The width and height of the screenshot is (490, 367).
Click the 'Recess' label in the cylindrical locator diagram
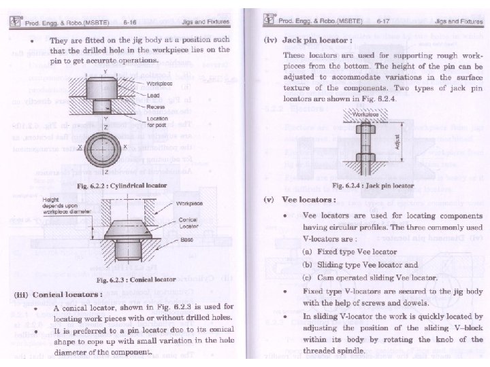(157, 107)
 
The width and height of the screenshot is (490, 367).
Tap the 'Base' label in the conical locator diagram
(184, 239)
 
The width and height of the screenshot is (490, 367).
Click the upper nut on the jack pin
(367, 130)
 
